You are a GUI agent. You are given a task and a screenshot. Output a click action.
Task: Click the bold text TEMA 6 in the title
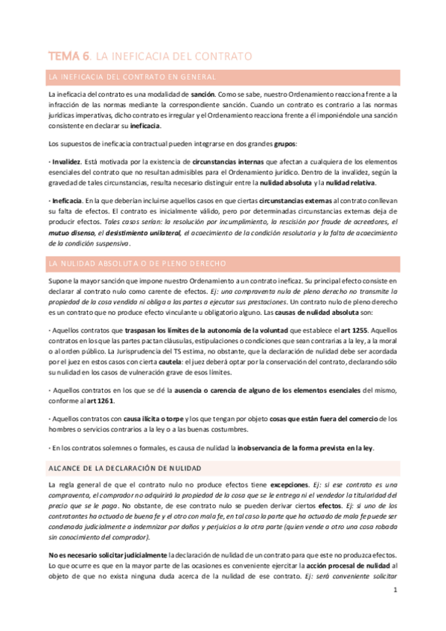pyautogui.click(x=69, y=55)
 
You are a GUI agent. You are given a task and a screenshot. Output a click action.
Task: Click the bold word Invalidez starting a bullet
pyautogui.click(x=66, y=161)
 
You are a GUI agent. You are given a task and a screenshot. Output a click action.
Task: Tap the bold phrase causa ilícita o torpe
pyautogui.click(x=155, y=418)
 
